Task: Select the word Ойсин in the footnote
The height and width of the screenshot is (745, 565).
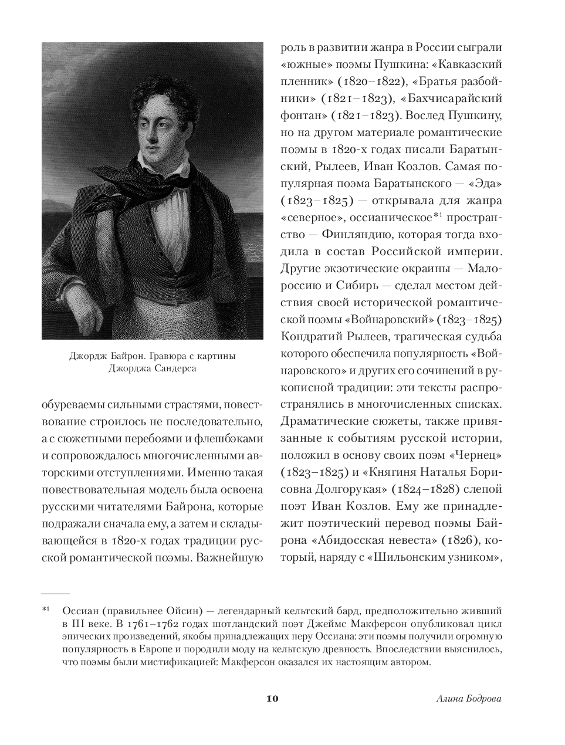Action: (186, 611)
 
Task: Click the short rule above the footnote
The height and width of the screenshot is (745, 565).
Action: (56, 594)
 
